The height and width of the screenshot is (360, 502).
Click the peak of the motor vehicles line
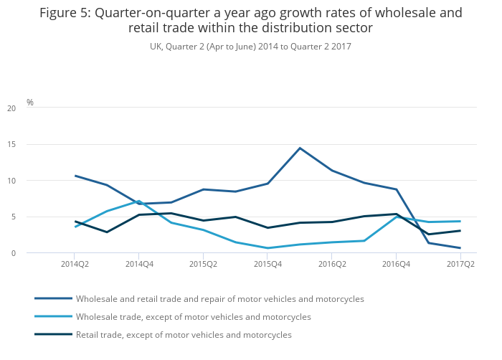coord(300,148)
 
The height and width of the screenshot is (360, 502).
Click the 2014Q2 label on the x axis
coord(75,264)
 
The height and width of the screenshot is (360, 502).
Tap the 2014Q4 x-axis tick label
coord(139,264)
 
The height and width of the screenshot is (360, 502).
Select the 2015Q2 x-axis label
coord(203,264)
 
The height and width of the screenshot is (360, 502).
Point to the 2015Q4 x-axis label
coord(267,264)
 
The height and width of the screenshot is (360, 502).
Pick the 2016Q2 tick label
coord(332,264)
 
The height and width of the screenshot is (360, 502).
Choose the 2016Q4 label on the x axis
coord(397,264)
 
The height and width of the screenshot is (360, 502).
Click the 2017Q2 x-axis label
coord(460,264)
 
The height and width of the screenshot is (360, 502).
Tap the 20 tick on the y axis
coord(11,108)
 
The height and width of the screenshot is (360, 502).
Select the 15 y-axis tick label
coord(11,145)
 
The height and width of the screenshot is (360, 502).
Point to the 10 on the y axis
coord(11,181)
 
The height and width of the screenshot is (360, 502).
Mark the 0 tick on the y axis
coord(13,253)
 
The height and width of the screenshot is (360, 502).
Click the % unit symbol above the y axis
coord(30,103)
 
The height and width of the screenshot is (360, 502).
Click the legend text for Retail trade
coord(184,335)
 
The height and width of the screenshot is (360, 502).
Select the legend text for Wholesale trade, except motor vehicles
coord(194,317)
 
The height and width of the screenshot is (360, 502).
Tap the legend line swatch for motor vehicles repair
coord(53,298)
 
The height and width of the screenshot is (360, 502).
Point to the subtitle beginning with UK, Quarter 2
coord(250,47)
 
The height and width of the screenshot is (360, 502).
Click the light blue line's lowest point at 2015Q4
coord(267,248)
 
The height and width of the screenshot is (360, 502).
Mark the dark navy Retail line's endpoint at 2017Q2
coord(460,230)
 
